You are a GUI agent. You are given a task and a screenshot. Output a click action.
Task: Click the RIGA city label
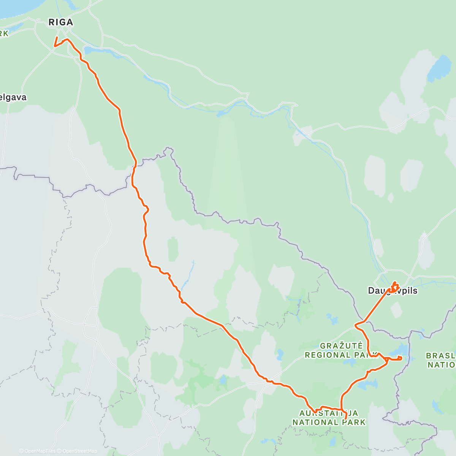[61, 22]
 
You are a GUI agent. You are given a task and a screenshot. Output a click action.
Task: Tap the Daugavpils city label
[392, 291]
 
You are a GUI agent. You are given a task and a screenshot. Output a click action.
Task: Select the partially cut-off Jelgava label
[13, 97]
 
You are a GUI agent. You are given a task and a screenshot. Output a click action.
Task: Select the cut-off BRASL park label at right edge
[441, 356]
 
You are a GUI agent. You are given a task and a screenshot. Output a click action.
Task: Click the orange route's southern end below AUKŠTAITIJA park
[345, 418]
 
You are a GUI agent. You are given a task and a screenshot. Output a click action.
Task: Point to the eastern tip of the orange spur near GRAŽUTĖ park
[401, 358]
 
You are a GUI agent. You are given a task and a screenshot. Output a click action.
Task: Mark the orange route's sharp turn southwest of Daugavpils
[356, 325]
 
